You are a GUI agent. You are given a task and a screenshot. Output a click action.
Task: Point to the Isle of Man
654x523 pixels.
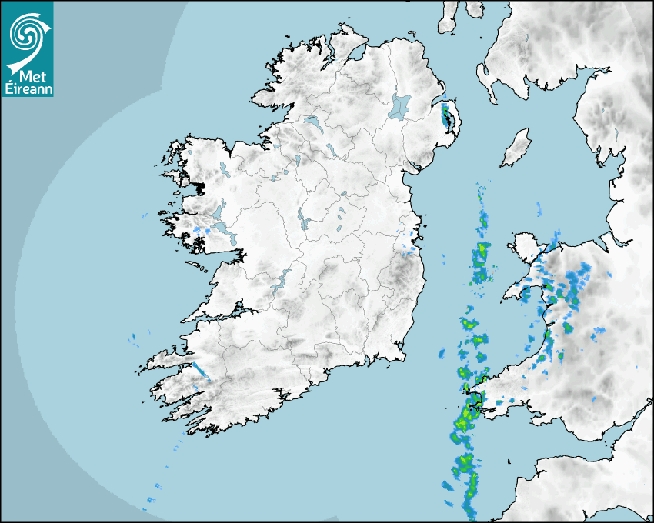(x=516, y=148)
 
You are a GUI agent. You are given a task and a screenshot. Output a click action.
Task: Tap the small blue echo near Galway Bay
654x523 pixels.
(x=204, y=230)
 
